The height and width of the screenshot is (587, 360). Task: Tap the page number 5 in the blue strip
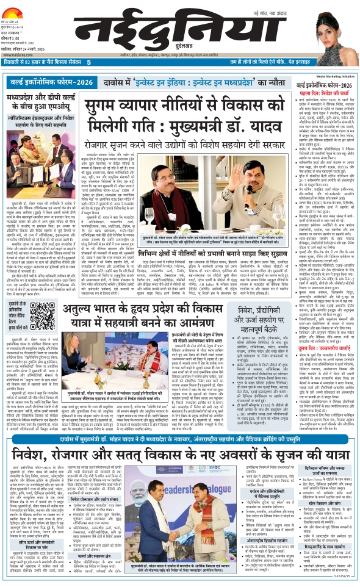pyautogui.click(x=89, y=62)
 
